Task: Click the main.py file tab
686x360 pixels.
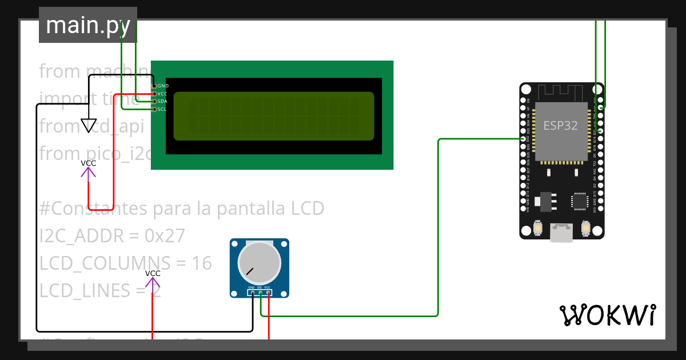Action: pyautogui.click(x=87, y=25)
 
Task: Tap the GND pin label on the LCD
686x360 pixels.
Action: pyautogui.click(x=163, y=86)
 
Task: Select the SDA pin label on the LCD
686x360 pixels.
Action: pyautogui.click(x=162, y=101)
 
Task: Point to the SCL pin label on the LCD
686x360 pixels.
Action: pyautogui.click(x=162, y=109)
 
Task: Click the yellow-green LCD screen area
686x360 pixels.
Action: pyautogui.click(x=274, y=116)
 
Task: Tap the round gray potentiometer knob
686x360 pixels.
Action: pyautogui.click(x=260, y=262)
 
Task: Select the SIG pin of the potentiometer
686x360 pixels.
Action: pyautogui.click(x=260, y=293)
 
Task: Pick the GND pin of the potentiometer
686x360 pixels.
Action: pyautogui.click(x=252, y=293)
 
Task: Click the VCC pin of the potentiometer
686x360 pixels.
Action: pyautogui.click(x=268, y=293)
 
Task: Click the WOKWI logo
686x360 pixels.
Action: pyautogui.click(x=607, y=315)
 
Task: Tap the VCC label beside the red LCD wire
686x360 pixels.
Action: pyautogui.click(x=89, y=163)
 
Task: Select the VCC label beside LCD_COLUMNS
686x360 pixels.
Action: pyautogui.click(x=153, y=273)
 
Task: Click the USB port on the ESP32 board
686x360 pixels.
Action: pyautogui.click(x=561, y=232)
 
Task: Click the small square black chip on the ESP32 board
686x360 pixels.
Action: pyautogui.click(x=580, y=201)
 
